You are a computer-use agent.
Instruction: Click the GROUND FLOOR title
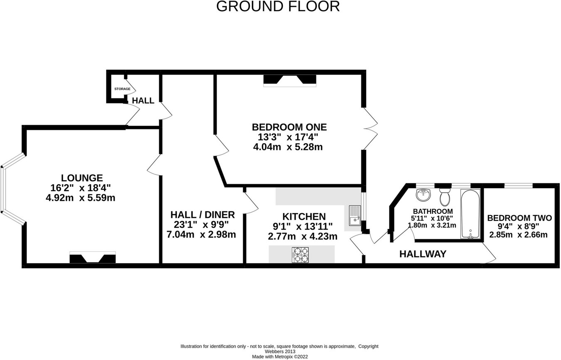(278, 7)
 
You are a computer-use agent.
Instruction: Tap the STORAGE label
(122, 89)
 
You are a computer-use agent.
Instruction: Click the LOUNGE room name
(82, 178)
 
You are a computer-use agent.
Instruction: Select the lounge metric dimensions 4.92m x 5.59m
(80, 198)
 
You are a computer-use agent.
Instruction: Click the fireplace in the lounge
(92, 258)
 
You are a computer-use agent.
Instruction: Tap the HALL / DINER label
(202, 215)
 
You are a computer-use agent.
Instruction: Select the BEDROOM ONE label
(289, 127)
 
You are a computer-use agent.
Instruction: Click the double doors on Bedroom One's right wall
(370, 129)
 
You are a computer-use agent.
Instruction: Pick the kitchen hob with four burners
(301, 254)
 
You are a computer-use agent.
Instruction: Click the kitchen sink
(354, 215)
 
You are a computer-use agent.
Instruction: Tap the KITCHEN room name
(304, 217)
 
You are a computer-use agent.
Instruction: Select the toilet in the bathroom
(445, 197)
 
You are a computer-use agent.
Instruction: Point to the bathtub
(470, 214)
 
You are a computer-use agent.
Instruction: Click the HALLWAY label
(423, 254)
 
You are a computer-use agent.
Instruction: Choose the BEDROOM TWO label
(519, 218)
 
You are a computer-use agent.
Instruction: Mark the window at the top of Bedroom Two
(518, 186)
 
